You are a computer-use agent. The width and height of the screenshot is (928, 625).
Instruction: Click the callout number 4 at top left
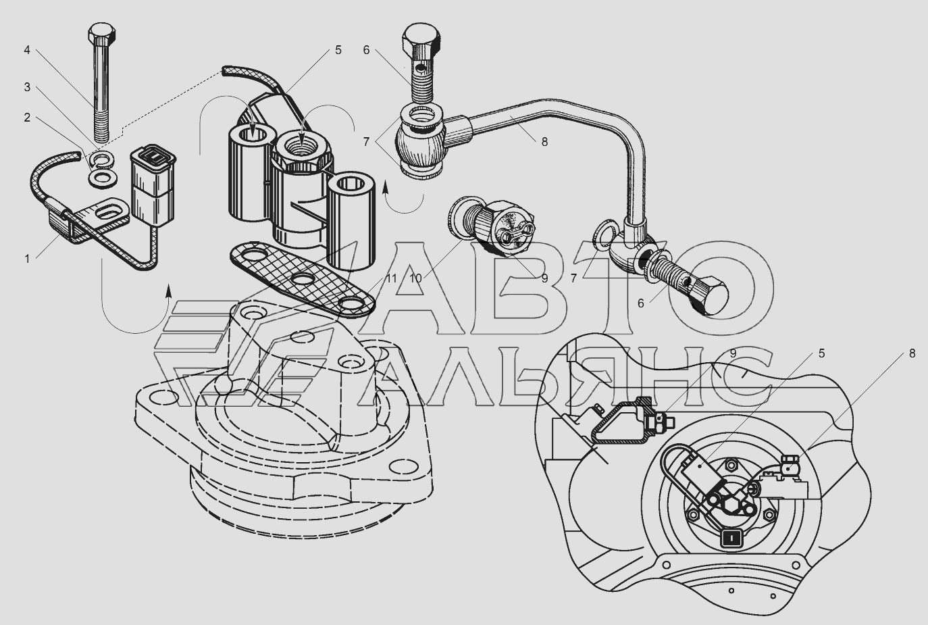[27, 51]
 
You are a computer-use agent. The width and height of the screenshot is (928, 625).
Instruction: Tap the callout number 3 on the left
[27, 87]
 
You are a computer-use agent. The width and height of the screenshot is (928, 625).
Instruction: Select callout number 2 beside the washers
[27, 118]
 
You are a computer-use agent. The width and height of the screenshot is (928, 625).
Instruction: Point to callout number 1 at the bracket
[27, 259]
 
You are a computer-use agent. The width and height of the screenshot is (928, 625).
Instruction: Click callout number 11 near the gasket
[392, 278]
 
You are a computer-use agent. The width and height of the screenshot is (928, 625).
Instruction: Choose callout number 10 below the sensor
[415, 278]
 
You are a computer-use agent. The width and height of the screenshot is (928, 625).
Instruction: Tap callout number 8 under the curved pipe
[544, 142]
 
